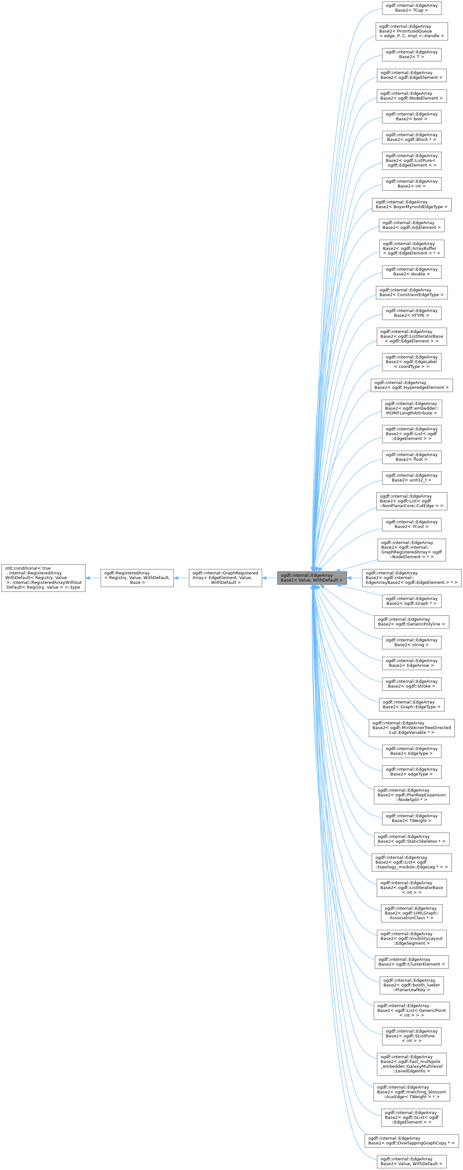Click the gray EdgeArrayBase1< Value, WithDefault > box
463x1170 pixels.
pos(312,578)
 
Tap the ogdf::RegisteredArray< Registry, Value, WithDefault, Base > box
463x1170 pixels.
pos(137,578)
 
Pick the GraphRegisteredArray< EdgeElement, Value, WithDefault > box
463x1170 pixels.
pos(225,578)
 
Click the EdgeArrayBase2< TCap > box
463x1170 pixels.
pos(411,8)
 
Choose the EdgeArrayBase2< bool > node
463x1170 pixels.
pos(411,117)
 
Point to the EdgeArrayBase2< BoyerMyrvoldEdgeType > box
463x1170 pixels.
pos(411,204)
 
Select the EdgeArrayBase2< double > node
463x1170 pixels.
pos(411,272)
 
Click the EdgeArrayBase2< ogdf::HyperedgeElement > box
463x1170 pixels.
pos(411,385)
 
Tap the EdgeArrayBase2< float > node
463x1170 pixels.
pos(411,457)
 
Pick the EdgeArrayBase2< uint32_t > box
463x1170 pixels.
pos(411,478)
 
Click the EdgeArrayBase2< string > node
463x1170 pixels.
pos(411,642)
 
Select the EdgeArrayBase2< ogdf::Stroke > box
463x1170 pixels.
pos(411,683)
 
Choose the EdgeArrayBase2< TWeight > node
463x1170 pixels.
pos(411,818)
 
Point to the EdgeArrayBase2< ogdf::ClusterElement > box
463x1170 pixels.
pos(411,961)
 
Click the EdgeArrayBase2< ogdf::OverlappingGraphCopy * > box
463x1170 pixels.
pos(411,1141)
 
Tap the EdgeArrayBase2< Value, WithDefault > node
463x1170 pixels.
pos(411,1161)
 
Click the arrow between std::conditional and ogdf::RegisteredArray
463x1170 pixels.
pos(93,578)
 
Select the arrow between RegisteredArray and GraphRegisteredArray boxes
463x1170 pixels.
pos(181,578)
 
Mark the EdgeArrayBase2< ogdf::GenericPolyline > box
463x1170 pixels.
pos(411,622)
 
